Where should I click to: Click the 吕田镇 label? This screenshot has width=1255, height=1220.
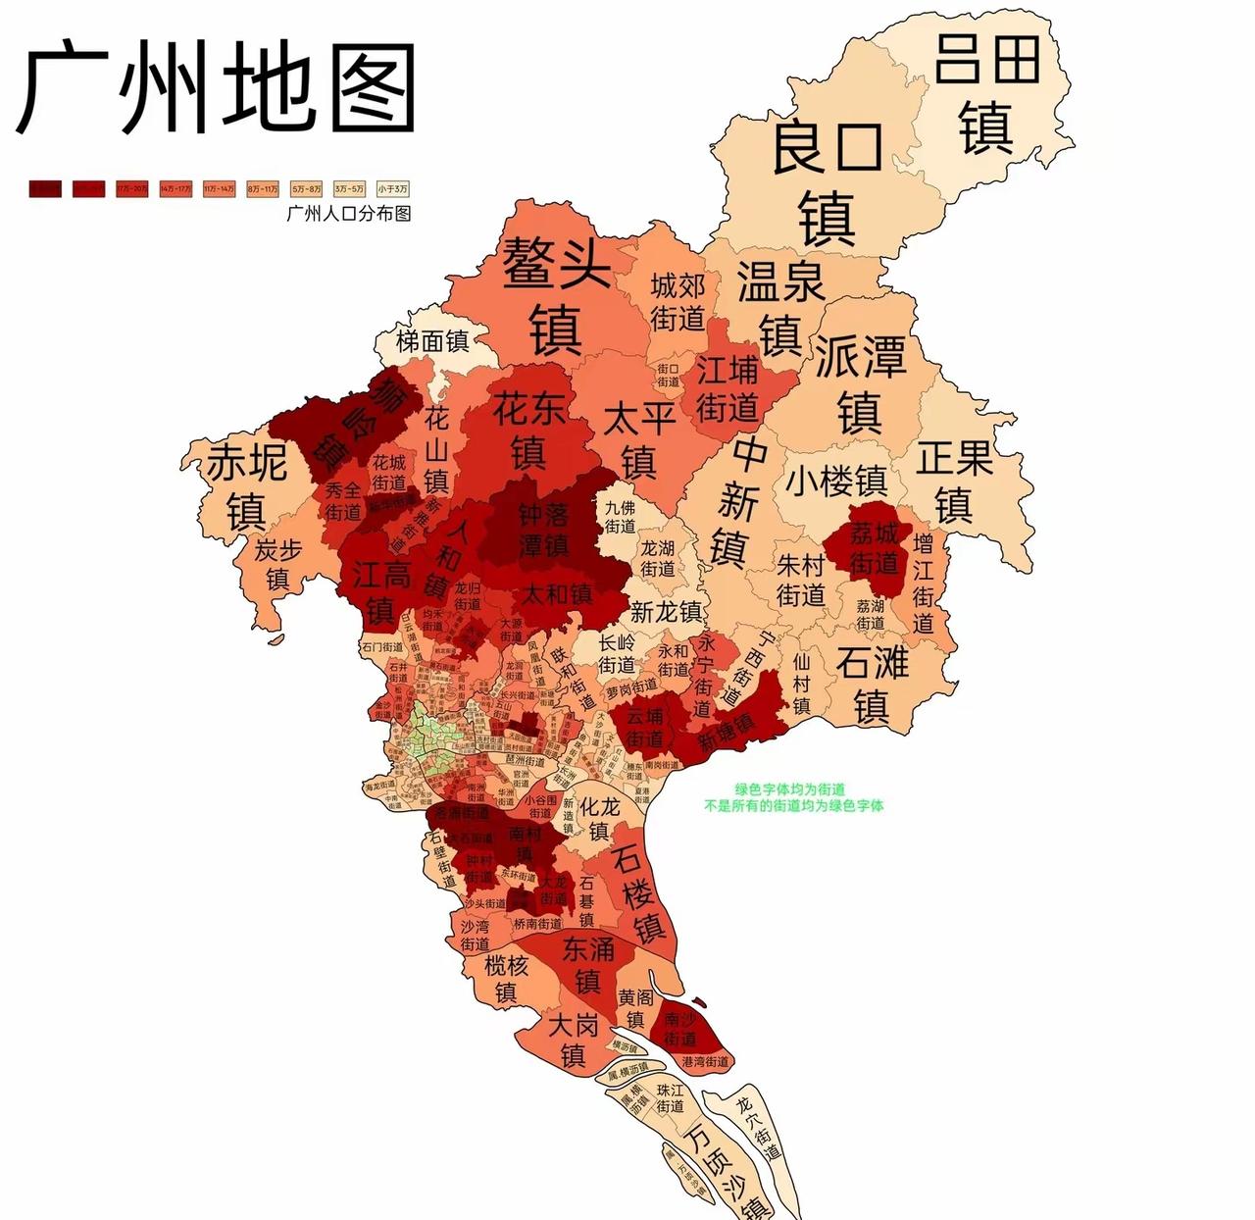tap(986, 93)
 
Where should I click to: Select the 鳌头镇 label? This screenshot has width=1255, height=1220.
tap(556, 294)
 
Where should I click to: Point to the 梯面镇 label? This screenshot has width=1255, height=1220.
tap(432, 341)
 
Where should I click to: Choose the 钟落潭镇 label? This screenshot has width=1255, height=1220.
tap(543, 530)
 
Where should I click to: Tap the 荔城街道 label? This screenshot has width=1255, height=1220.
tap(874, 547)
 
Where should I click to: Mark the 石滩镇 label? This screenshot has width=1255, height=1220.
tap(872, 684)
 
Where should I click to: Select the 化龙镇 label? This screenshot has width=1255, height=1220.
tap(599, 819)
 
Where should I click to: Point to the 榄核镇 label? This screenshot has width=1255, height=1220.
tap(506, 978)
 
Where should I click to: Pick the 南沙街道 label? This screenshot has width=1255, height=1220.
tap(679, 1029)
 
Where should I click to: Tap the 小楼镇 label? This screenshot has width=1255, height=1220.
tap(835, 482)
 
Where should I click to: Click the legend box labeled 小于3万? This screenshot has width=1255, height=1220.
tap(391, 188)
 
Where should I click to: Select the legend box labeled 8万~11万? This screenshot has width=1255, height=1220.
tap(262, 188)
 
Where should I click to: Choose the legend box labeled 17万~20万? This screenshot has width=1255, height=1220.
tap(132, 188)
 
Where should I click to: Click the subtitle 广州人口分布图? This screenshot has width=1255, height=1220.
tap(348, 213)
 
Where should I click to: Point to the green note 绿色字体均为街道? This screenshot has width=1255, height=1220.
tap(790, 788)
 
